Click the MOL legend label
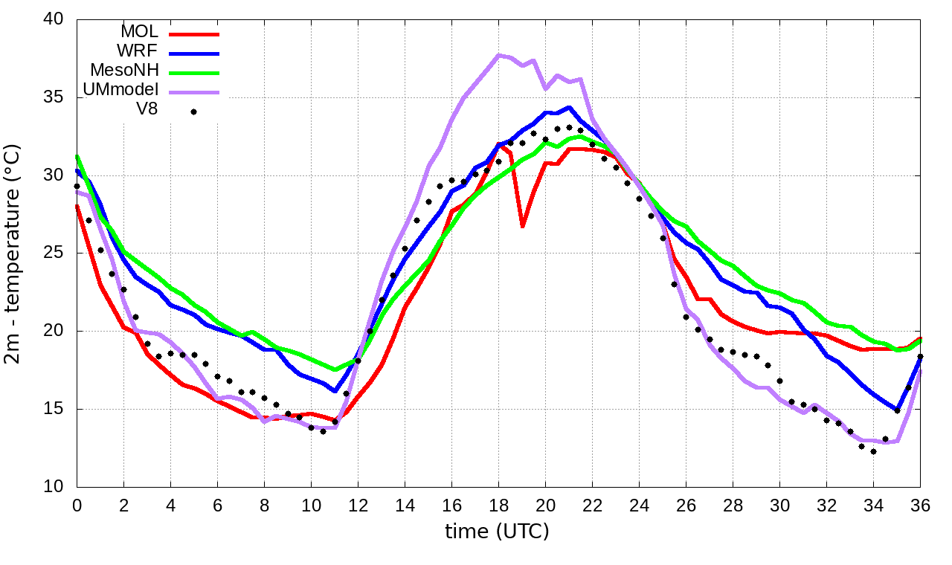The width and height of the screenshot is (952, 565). pyautogui.click(x=139, y=32)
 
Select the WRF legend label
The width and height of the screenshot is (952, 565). pyautogui.click(x=138, y=51)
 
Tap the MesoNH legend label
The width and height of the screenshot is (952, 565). pyautogui.click(x=124, y=71)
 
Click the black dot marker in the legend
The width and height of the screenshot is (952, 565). pyautogui.click(x=193, y=112)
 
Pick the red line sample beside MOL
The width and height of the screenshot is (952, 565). pyautogui.click(x=194, y=33)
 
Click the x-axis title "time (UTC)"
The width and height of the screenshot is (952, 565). pyautogui.click(x=497, y=532)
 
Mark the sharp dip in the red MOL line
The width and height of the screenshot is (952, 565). pyautogui.click(x=522, y=226)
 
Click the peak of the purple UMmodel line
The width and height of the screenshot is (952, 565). pyautogui.click(x=499, y=55)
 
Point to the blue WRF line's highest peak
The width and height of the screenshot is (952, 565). pyautogui.click(x=569, y=107)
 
